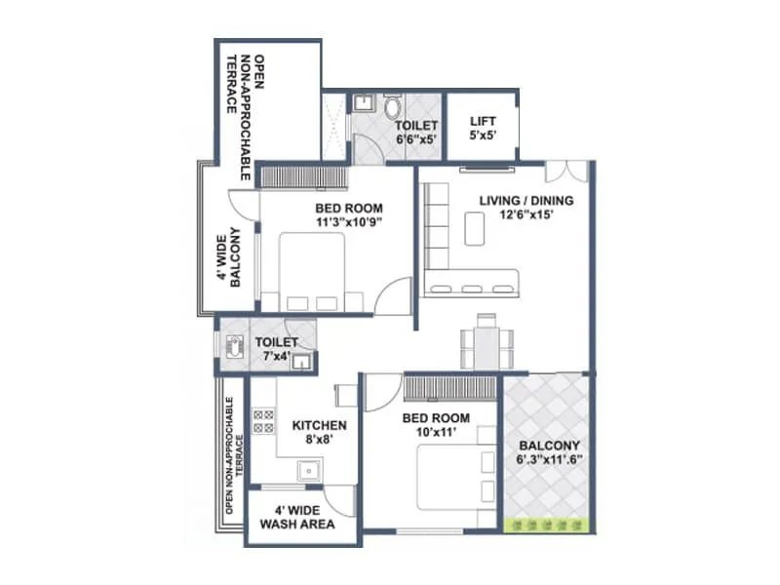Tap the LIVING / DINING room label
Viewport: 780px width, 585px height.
(526, 208)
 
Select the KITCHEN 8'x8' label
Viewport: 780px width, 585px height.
(320, 432)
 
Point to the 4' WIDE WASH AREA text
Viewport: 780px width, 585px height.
(297, 516)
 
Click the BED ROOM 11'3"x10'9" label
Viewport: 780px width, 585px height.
(348, 214)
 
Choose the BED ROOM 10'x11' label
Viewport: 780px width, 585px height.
(437, 425)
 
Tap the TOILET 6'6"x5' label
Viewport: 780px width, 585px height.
(416, 133)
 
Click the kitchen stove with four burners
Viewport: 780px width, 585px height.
(262, 422)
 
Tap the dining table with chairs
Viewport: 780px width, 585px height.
(482, 342)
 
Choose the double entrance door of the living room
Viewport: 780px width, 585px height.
(565, 173)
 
